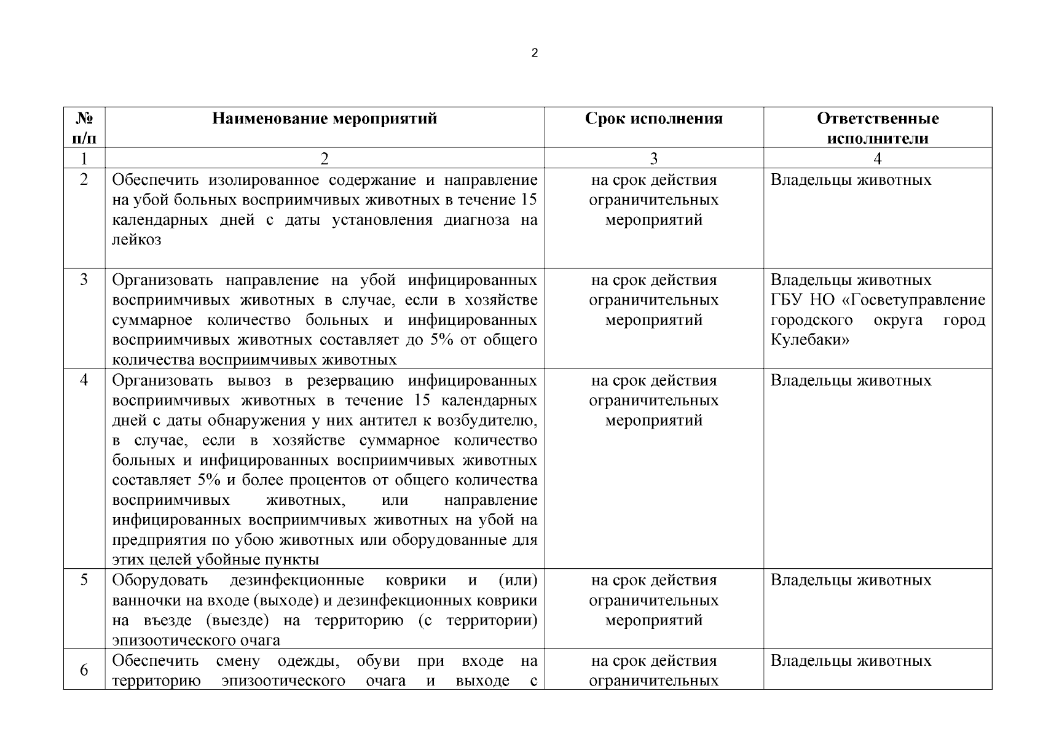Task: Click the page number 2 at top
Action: pyautogui.click(x=534, y=53)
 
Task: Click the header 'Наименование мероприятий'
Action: pyautogui.click(x=325, y=119)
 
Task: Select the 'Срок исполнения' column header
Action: pyautogui.click(x=653, y=119)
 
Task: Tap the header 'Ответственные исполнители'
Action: pyautogui.click(x=877, y=128)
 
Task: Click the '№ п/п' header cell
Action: pyautogui.click(x=84, y=128)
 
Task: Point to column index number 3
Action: pyautogui.click(x=653, y=158)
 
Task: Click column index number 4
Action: pyautogui.click(x=877, y=158)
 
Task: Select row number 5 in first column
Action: pyautogui.click(x=84, y=580)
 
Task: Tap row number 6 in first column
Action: pyautogui.click(x=84, y=670)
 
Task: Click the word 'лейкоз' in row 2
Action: pyautogui.click(x=136, y=240)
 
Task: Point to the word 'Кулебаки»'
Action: pyautogui.click(x=809, y=340)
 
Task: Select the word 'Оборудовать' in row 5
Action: pyautogui.click(x=160, y=580)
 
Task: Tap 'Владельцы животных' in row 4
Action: pyautogui.click(x=851, y=381)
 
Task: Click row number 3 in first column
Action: pyautogui.click(x=84, y=280)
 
